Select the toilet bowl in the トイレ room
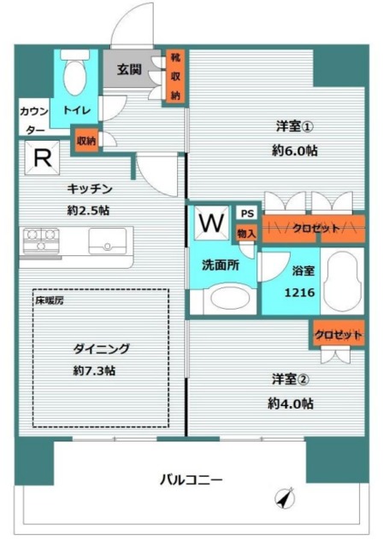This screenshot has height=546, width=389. [x=74, y=79]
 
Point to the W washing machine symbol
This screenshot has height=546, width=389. [x=210, y=224]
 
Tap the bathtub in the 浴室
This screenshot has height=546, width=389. [x=345, y=282]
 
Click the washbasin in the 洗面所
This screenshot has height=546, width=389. [x=227, y=299]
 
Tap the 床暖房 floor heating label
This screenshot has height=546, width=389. [x=49, y=301]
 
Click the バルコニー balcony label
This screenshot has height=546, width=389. [x=192, y=479]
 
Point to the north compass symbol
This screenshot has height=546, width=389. [x=283, y=497]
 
